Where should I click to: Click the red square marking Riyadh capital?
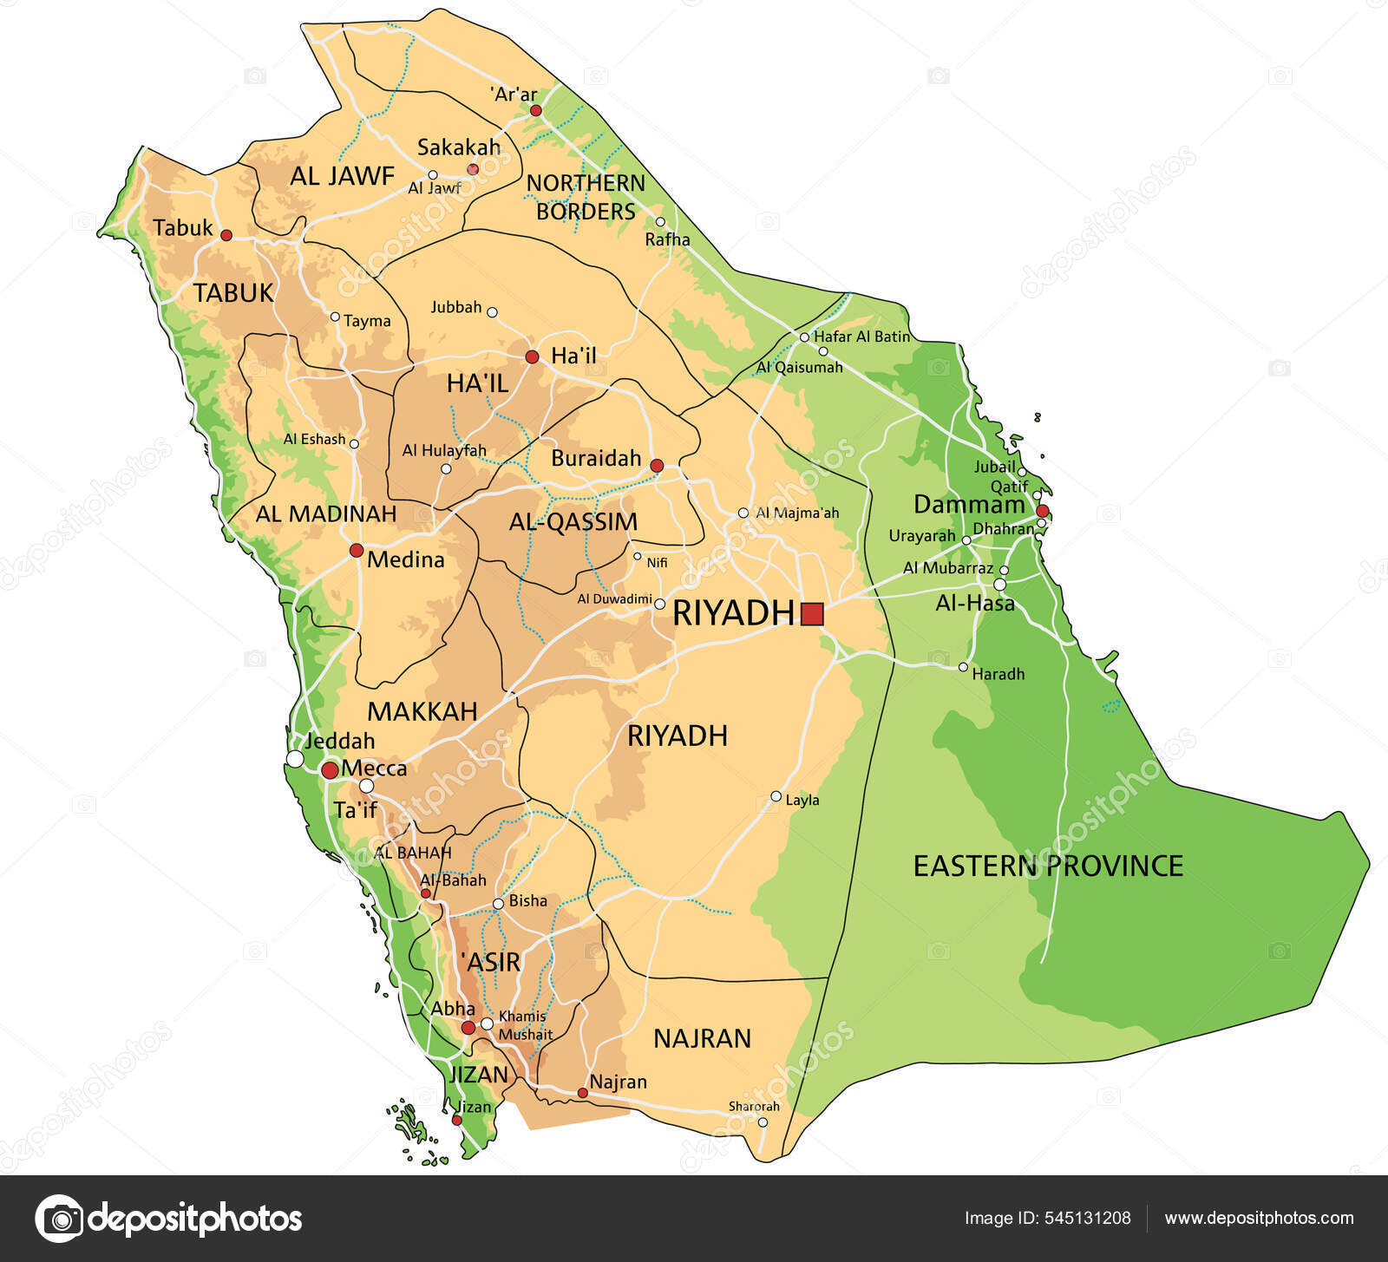[812, 614]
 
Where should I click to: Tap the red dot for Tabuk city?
[226, 235]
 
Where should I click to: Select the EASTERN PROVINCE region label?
[1048, 866]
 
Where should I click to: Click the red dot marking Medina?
[356, 550]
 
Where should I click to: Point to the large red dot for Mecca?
[330, 770]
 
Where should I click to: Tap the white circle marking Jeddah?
[295, 759]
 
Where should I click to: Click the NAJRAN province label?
[702, 1038]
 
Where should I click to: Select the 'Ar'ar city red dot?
[536, 110]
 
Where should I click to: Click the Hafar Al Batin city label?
[862, 337]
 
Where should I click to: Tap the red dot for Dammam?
[1043, 511]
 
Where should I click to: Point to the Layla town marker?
[776, 796]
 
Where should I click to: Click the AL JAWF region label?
[342, 176]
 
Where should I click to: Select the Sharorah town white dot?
[763, 1122]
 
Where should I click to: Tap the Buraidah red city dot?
[657, 466]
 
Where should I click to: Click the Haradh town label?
[998, 674]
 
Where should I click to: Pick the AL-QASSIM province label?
[573, 521]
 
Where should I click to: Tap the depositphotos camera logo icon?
[59, 1218]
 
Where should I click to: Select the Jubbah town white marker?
[492, 312]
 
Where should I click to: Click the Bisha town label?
[527, 900]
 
